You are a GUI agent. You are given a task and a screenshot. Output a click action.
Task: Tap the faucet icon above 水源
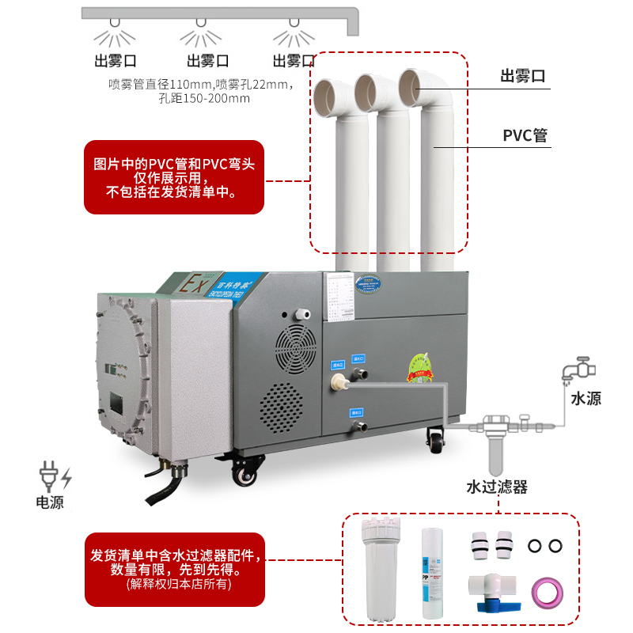click(578, 370)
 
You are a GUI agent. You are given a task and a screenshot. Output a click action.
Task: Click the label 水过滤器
click(496, 486)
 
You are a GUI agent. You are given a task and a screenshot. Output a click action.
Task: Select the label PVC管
click(525, 135)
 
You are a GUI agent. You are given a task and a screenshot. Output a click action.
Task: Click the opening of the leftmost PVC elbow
click(326, 98)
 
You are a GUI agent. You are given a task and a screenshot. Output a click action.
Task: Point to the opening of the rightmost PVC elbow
click(413, 87)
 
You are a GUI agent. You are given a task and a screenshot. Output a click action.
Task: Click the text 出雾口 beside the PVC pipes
click(524, 77)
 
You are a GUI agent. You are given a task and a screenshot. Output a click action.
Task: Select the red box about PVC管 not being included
click(174, 177)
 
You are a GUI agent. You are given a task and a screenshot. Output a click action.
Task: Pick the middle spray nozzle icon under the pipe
click(200, 35)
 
